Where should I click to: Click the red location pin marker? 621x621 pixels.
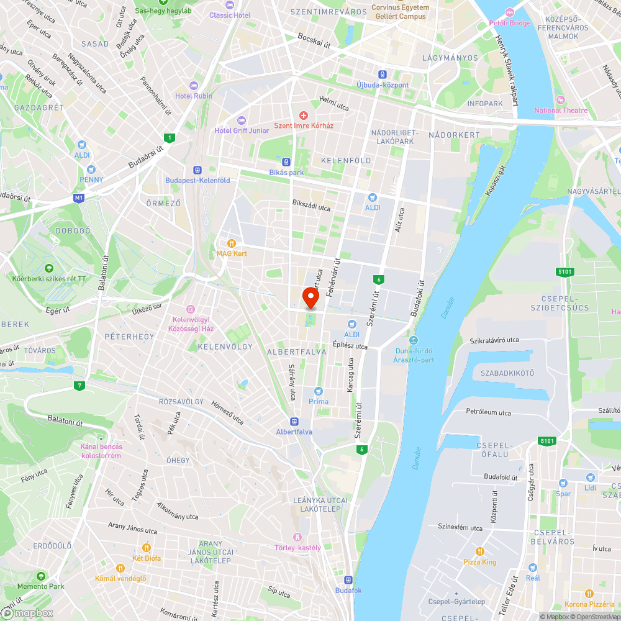[310, 298]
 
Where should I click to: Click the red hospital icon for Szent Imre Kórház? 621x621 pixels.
[304, 115]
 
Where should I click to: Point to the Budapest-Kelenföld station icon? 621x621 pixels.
[197, 170]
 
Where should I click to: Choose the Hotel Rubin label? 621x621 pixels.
[193, 96]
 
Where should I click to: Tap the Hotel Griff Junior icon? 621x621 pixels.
[242, 120]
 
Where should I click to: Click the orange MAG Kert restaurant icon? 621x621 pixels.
[232, 243]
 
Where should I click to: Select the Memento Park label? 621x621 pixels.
[40, 586]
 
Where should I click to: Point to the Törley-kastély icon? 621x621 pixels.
[297, 537]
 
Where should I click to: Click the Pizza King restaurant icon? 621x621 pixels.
[479, 551]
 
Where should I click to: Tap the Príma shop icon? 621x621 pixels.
[319, 391]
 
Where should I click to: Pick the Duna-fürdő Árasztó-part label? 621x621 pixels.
[414, 355]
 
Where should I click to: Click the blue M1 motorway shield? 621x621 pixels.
[78, 198]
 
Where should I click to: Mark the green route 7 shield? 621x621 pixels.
[79, 386]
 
